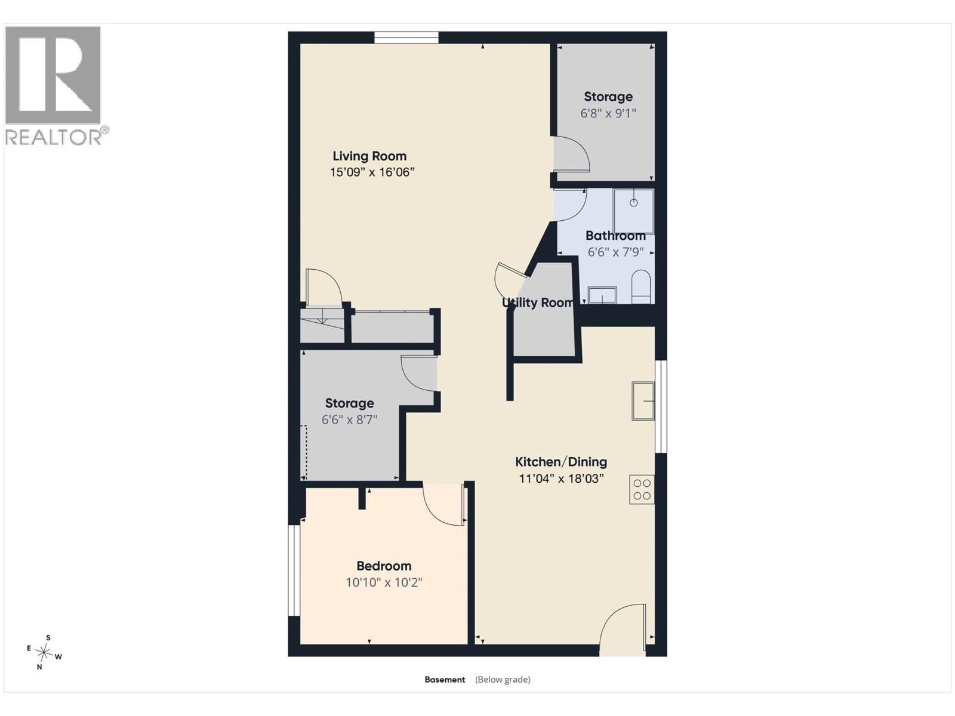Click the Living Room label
point(369,156)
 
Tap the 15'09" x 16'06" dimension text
point(372,172)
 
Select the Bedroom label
point(384,566)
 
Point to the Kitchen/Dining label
point(561,462)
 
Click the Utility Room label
point(537,303)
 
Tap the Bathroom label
point(615,236)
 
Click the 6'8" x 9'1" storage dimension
point(608,113)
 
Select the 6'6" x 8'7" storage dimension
point(349,419)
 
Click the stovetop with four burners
point(642,489)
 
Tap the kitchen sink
point(643,401)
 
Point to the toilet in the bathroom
point(640,286)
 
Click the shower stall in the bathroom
point(633,211)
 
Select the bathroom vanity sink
point(602,295)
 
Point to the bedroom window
point(294,570)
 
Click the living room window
point(406,38)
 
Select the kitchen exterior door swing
point(623,624)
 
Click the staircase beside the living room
point(322,326)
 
